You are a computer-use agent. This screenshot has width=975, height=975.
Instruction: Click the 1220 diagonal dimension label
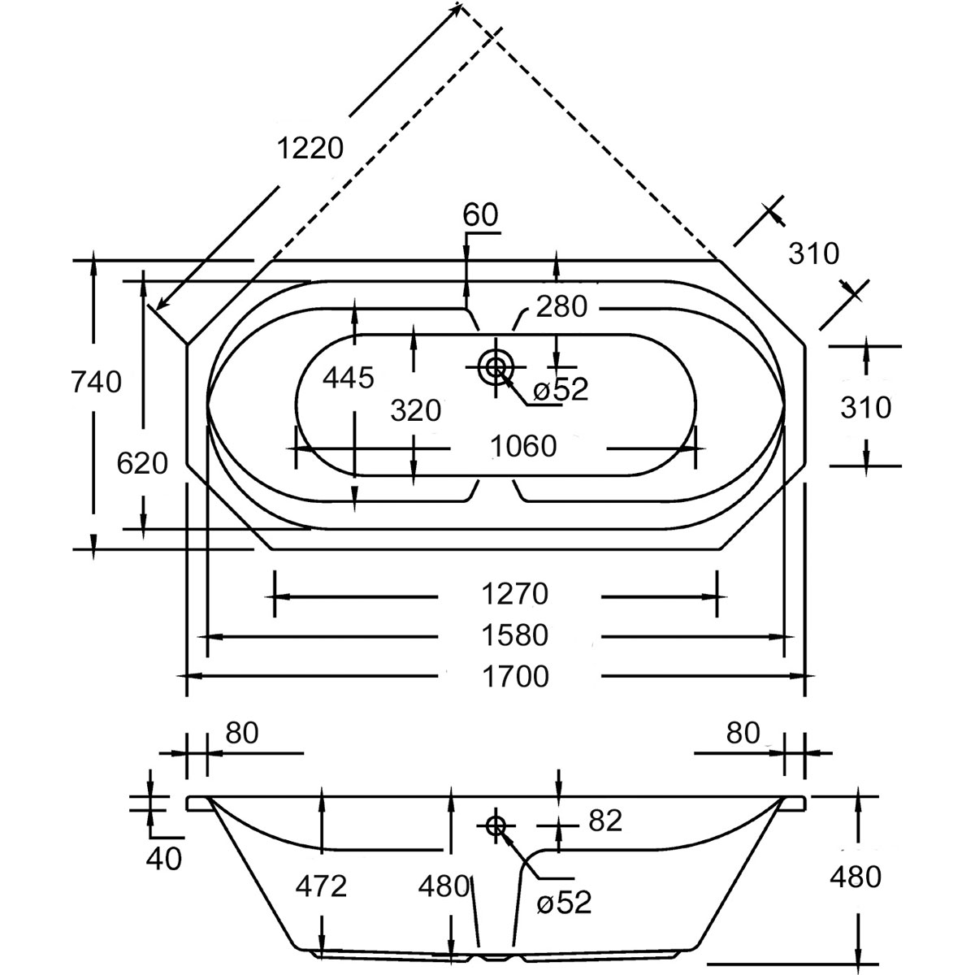[310, 148]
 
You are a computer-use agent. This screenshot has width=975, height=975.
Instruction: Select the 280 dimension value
[561, 307]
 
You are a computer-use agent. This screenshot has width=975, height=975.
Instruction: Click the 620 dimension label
[142, 464]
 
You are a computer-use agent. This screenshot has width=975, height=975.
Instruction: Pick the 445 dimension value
[349, 377]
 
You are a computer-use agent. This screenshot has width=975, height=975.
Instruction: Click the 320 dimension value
[415, 410]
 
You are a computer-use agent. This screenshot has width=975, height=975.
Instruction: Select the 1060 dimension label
[524, 446]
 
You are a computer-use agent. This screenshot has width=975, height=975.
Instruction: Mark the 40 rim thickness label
[165, 857]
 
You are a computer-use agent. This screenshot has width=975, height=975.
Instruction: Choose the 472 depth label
[322, 886]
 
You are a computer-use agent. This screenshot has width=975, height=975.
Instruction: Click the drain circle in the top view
[495, 367]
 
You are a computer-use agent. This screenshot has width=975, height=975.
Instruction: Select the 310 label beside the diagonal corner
[813, 254]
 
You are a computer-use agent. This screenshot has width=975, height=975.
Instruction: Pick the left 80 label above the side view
[241, 734]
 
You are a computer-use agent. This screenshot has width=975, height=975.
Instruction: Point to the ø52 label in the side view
[564, 902]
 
